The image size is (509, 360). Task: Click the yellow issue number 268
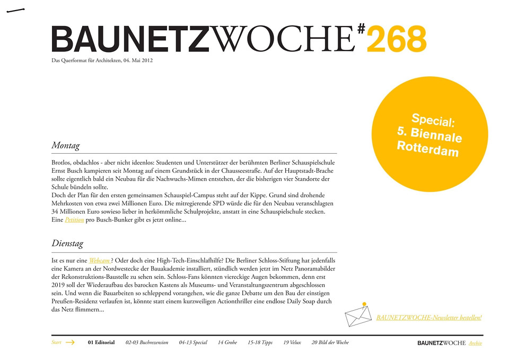(x=396, y=39)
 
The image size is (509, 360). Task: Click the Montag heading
(x=66, y=145)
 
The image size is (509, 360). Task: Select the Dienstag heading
(x=67, y=244)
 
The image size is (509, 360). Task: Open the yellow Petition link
(x=74, y=220)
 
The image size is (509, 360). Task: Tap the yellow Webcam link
(x=100, y=260)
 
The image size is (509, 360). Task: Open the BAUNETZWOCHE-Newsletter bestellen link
(x=428, y=318)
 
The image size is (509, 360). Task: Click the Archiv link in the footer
(x=475, y=343)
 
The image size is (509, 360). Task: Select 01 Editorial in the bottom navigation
(x=101, y=343)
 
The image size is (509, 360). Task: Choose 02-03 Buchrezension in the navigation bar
(x=147, y=343)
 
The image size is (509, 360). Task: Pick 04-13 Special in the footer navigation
(x=193, y=343)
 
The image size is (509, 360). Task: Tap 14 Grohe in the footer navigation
(x=227, y=343)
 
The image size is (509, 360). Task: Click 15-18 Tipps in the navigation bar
(x=260, y=343)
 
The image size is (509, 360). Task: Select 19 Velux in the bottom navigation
(x=292, y=343)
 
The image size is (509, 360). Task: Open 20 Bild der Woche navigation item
(x=330, y=343)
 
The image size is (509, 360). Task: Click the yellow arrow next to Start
(x=70, y=343)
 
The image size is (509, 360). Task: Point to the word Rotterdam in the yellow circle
(x=427, y=149)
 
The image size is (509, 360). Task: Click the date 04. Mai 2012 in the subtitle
(x=138, y=60)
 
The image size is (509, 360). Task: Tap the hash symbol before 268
(x=361, y=29)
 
